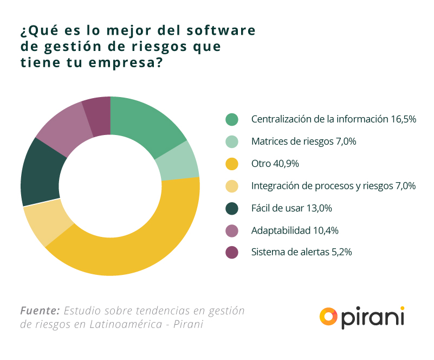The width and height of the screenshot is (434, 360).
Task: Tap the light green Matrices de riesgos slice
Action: pyautogui.click(x=179, y=161)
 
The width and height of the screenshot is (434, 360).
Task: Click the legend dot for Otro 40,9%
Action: pyautogui.click(x=232, y=164)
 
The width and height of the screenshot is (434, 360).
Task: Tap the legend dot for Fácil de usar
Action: pyautogui.click(x=232, y=208)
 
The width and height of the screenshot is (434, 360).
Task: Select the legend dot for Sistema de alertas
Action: pyautogui.click(x=232, y=252)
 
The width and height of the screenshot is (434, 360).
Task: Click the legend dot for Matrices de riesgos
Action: pyautogui.click(x=232, y=142)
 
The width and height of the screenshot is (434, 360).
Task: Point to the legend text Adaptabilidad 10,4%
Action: pyautogui.click(x=295, y=230)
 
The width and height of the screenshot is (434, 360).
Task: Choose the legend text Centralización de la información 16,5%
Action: pyautogui.click(x=333, y=119)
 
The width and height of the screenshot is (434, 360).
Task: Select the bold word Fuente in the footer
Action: pyautogui.click(x=40, y=311)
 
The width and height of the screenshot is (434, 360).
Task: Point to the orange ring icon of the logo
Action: pyautogui.click(x=329, y=317)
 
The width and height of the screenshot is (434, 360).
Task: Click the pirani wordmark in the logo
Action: pyautogui.click(x=374, y=317)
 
